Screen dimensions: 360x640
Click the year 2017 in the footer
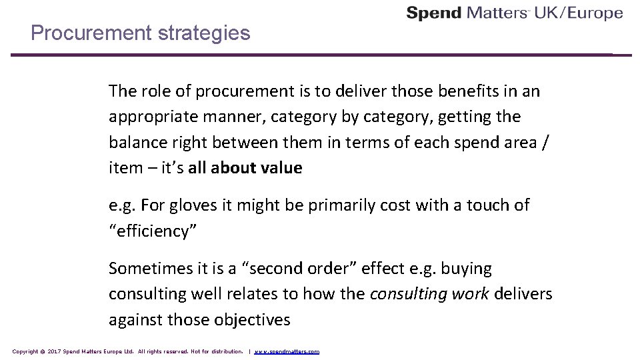53,351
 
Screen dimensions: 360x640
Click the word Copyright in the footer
25,351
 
